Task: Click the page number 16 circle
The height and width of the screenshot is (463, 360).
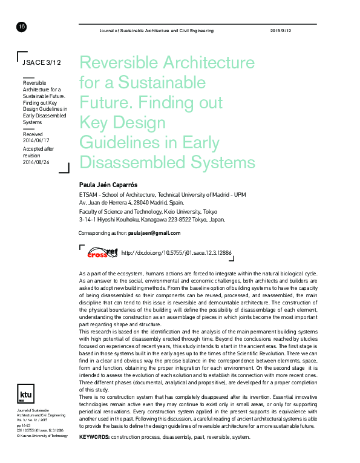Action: pos(22,27)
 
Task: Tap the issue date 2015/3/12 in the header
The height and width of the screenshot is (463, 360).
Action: pos(280,30)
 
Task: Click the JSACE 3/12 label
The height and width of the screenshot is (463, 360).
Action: pos(42,62)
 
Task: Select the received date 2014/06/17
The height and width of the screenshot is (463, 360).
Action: pos(36,140)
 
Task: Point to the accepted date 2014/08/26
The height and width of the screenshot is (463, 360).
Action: pos(36,162)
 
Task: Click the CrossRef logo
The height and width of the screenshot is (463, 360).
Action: pos(101,252)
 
